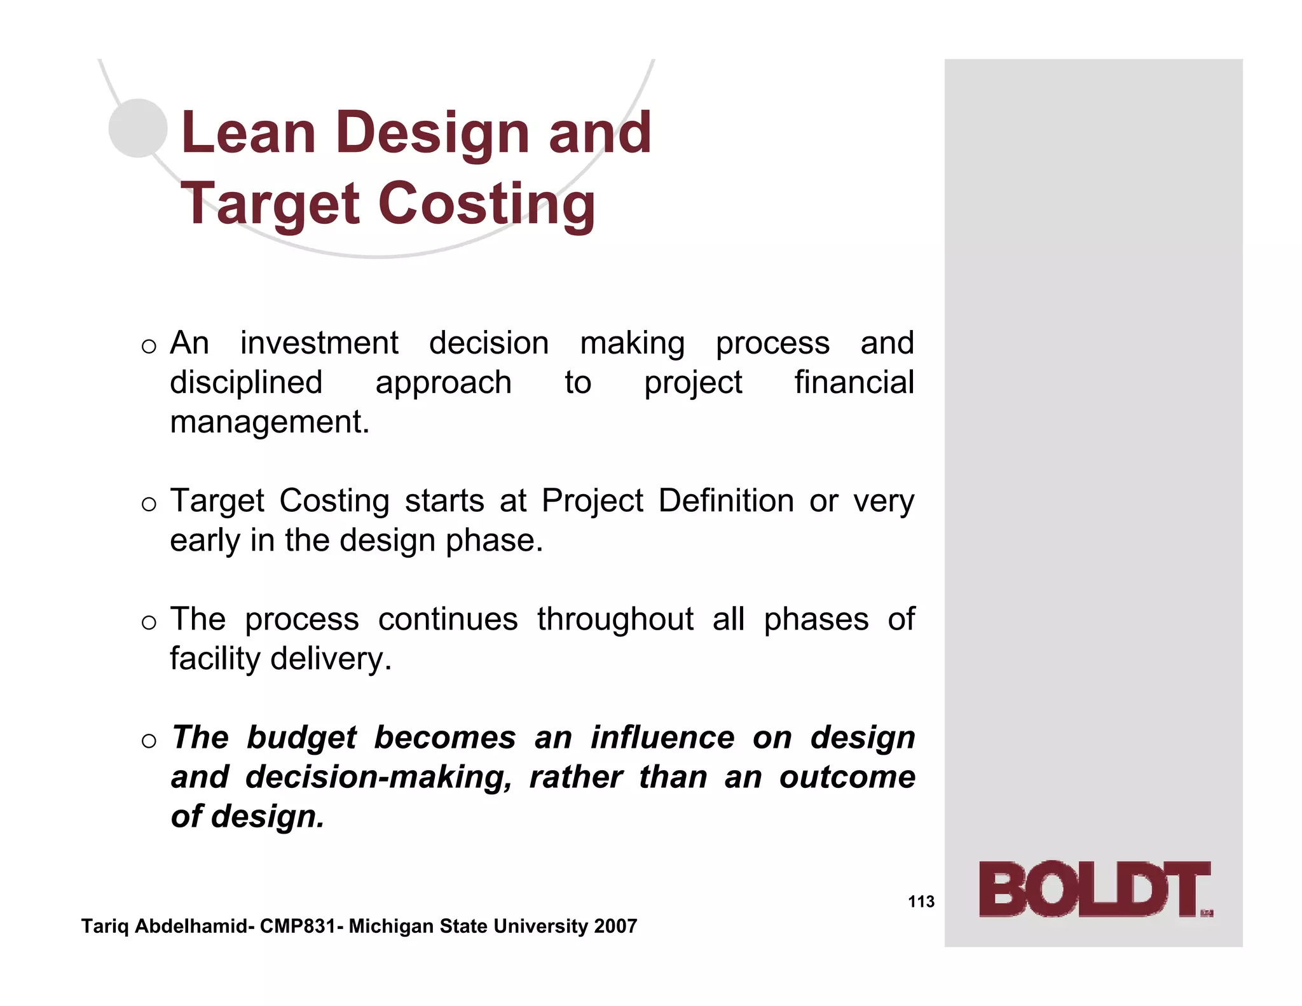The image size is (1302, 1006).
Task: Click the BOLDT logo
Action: point(1095,889)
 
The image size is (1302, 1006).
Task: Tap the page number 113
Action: point(921,902)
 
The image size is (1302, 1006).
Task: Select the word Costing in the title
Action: point(487,204)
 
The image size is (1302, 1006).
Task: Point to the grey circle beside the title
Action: point(138,128)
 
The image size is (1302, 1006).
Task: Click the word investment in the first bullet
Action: point(319,343)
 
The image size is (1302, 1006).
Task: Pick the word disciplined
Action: point(246,382)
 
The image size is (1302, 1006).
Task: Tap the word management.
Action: point(269,422)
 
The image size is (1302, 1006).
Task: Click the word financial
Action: point(854,382)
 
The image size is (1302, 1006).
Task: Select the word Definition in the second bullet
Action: point(725,500)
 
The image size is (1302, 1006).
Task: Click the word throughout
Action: point(615,619)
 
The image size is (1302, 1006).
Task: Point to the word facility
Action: point(215,658)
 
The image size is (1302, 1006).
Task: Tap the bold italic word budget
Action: point(301,738)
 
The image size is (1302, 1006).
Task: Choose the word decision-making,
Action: point(379,777)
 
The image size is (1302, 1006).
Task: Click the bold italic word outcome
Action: point(847,777)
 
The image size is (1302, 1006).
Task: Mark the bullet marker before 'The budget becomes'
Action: point(149,741)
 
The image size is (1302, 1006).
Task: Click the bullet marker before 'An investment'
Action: point(149,347)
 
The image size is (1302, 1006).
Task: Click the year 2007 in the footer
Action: point(615,927)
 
